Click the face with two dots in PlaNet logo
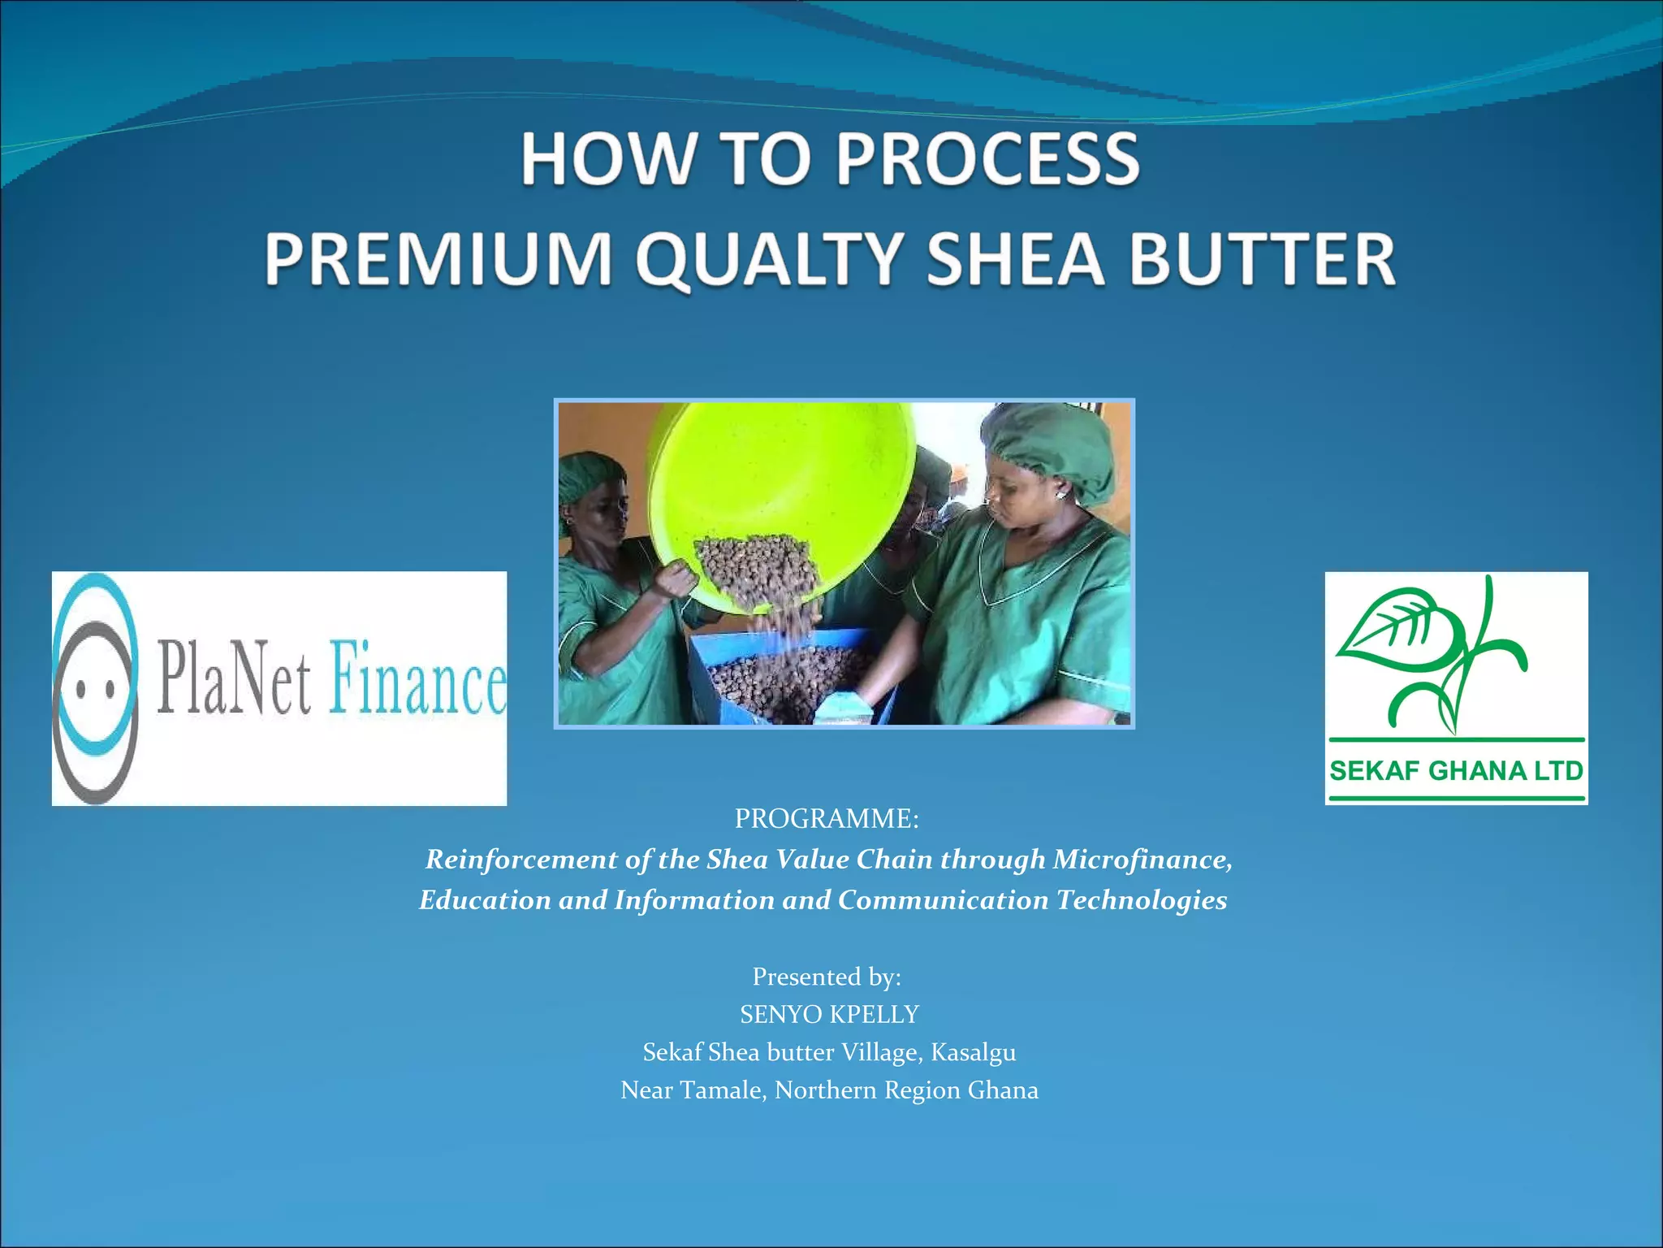[x=93, y=689]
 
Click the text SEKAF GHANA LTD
[x=1456, y=770]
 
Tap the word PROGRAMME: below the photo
[x=827, y=818]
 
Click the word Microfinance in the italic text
[x=1142, y=859]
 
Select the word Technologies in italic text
[x=1141, y=900]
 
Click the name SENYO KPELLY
[x=829, y=1014]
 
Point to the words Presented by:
[x=827, y=976]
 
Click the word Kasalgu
[x=973, y=1052]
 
